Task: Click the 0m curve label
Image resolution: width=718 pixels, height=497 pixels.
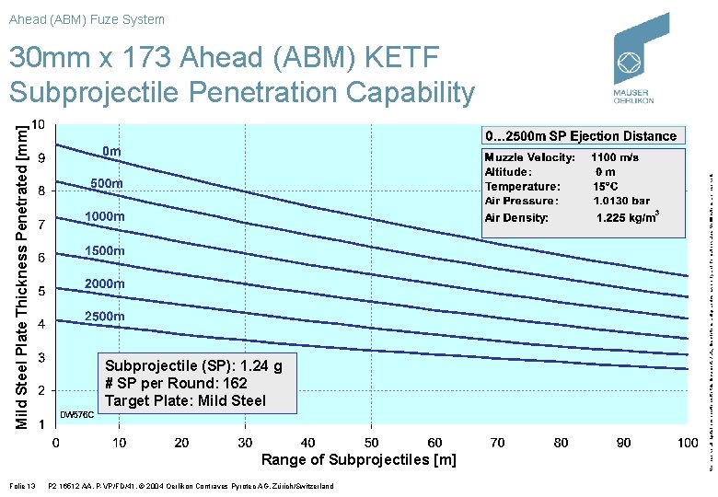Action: tap(111, 150)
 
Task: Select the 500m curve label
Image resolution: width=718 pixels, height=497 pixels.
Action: tap(106, 184)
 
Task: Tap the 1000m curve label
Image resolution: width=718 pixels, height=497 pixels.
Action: tap(104, 216)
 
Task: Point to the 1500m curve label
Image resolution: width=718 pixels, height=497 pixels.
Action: tap(104, 250)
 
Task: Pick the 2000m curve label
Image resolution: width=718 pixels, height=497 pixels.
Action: tap(104, 283)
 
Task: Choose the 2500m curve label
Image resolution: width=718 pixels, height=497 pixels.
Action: tap(104, 316)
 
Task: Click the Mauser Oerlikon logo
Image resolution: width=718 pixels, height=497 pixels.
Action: tap(642, 60)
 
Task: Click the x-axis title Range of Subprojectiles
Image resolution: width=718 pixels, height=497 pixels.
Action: tap(358, 459)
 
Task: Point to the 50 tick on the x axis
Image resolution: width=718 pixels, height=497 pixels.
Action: tap(371, 443)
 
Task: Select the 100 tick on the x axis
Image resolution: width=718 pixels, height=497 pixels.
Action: tap(687, 443)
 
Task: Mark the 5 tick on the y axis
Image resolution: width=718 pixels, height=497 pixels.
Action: tap(41, 291)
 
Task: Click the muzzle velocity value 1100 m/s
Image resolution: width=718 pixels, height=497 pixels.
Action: tap(614, 157)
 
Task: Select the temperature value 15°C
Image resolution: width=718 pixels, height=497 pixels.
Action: tap(607, 186)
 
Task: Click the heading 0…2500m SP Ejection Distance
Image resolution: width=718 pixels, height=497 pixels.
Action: tap(581, 136)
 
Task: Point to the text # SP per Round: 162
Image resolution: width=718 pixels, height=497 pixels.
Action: tap(176, 383)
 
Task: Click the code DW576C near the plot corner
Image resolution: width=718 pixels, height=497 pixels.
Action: tap(76, 415)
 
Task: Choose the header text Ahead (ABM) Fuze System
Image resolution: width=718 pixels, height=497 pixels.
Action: tap(87, 19)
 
